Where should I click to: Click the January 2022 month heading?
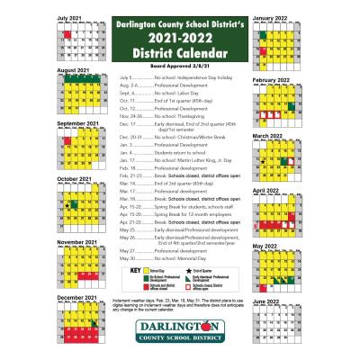(x=270, y=17)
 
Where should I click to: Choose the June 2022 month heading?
(x=266, y=301)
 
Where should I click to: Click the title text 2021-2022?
(x=181, y=39)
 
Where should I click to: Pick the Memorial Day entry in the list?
(x=162, y=258)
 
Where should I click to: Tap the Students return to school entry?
(x=162, y=151)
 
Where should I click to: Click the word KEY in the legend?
(x=136, y=269)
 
